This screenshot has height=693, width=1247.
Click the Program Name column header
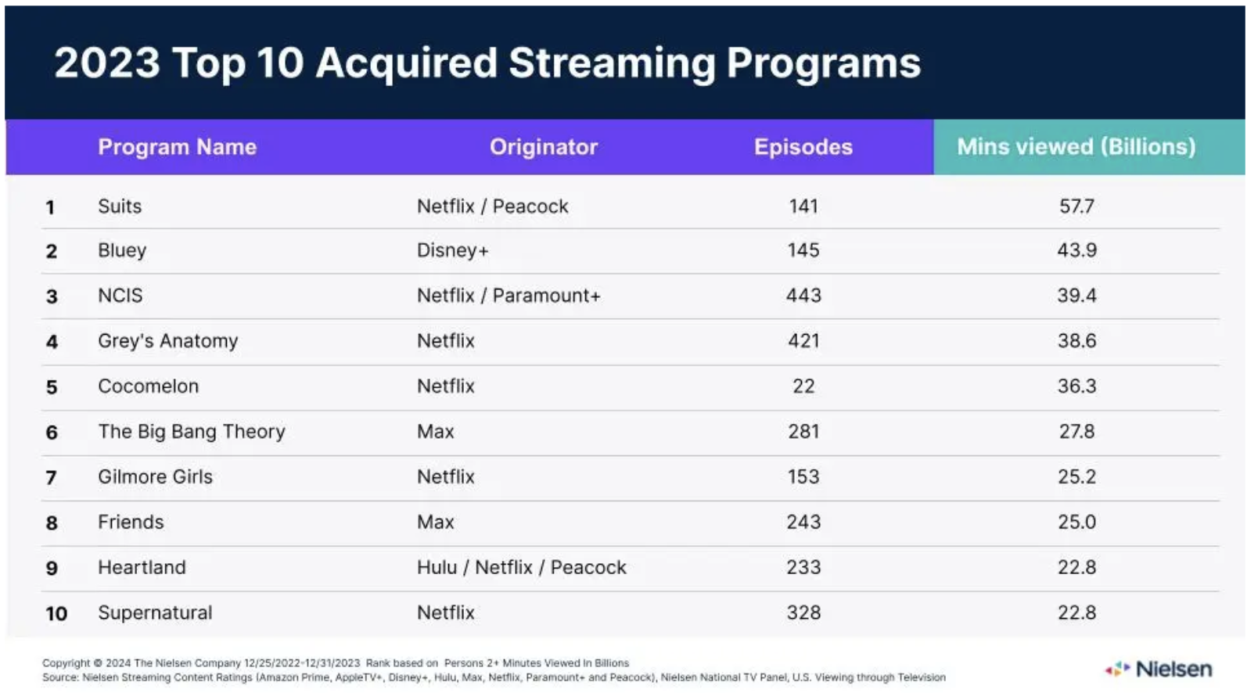(177, 147)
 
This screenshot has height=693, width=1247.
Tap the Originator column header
(543, 147)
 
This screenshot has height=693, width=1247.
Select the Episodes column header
(803, 147)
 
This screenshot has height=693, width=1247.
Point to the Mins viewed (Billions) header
(1076, 147)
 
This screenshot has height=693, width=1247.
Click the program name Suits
(120, 206)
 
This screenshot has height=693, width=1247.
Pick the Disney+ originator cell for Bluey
(452, 250)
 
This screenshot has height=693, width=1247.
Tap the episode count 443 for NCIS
(803, 296)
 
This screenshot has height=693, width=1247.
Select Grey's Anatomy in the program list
(167, 341)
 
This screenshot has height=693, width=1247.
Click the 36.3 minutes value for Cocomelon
(1076, 386)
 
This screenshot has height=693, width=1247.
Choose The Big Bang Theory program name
(191, 432)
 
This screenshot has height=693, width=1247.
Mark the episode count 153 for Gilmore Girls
(803, 477)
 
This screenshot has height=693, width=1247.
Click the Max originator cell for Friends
(435, 522)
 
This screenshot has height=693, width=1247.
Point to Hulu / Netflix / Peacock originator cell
(521, 568)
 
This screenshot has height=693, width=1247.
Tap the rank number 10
(56, 614)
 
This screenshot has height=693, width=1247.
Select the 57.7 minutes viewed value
(1076, 206)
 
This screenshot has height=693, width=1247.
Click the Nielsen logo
(1159, 670)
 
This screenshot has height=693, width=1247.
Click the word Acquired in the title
(406, 63)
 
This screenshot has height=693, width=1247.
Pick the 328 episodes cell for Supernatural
(803, 613)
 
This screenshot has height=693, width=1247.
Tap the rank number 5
(52, 387)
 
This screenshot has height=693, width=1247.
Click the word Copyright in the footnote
(66, 663)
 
